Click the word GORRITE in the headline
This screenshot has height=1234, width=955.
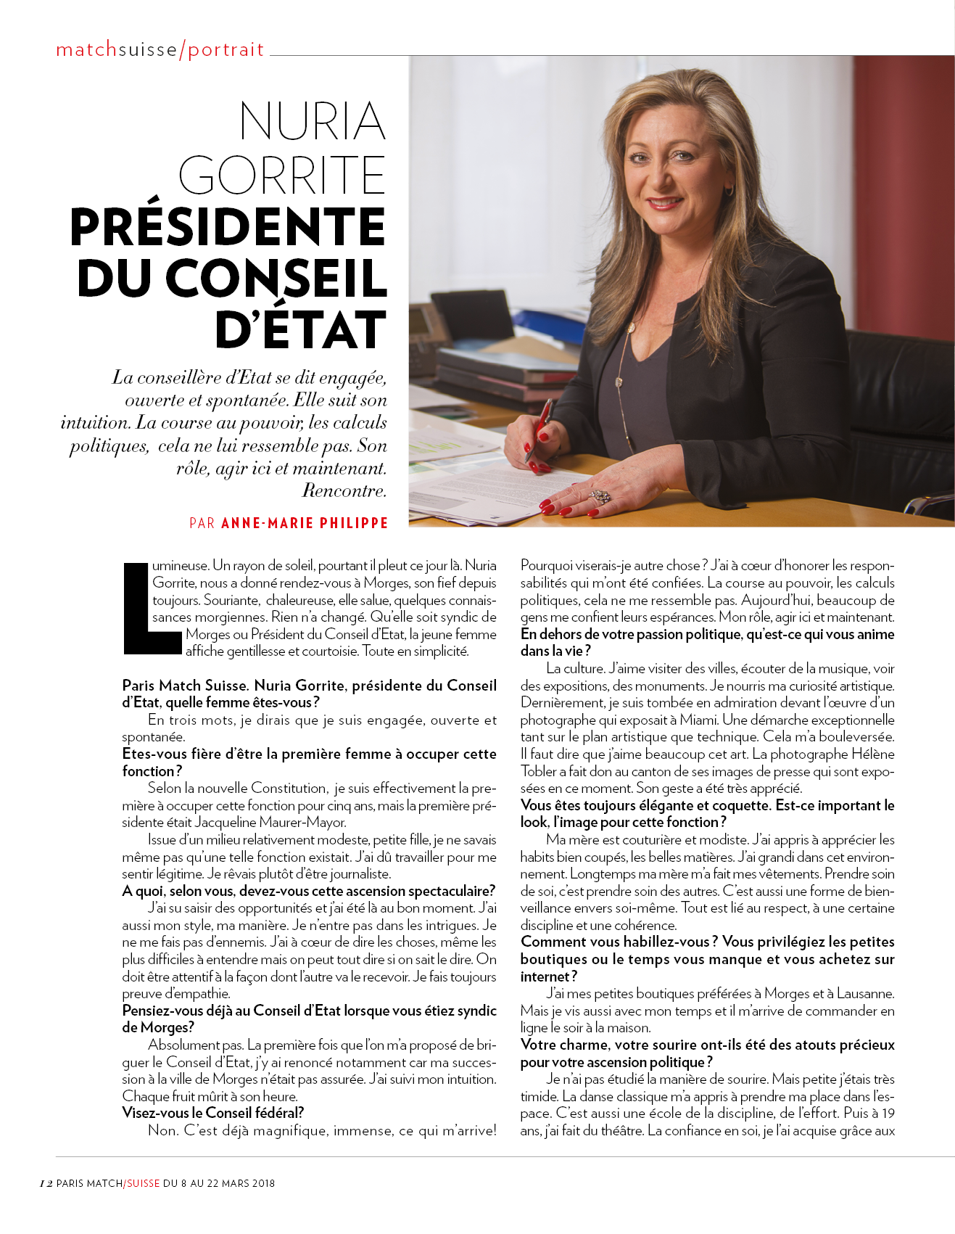pyautogui.click(x=282, y=175)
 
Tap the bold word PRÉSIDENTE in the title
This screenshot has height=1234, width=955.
pyautogui.click(x=228, y=227)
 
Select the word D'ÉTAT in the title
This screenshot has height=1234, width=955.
pyautogui.click(x=301, y=331)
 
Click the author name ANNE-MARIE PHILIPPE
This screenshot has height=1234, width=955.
pyautogui.click(x=305, y=523)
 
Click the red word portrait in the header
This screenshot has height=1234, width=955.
pyautogui.click(x=226, y=49)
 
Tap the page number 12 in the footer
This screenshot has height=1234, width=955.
pyautogui.click(x=46, y=1183)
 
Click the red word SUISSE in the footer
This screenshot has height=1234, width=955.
pyautogui.click(x=144, y=1183)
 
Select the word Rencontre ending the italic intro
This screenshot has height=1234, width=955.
pyautogui.click(x=343, y=491)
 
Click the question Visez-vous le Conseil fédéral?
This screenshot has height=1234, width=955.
pyautogui.click(x=213, y=1113)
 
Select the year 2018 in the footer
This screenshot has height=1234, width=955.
pyautogui.click(x=264, y=1183)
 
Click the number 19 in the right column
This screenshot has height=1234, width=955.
pyautogui.click(x=888, y=1114)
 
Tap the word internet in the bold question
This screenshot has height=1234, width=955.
pyautogui.click(x=545, y=976)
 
